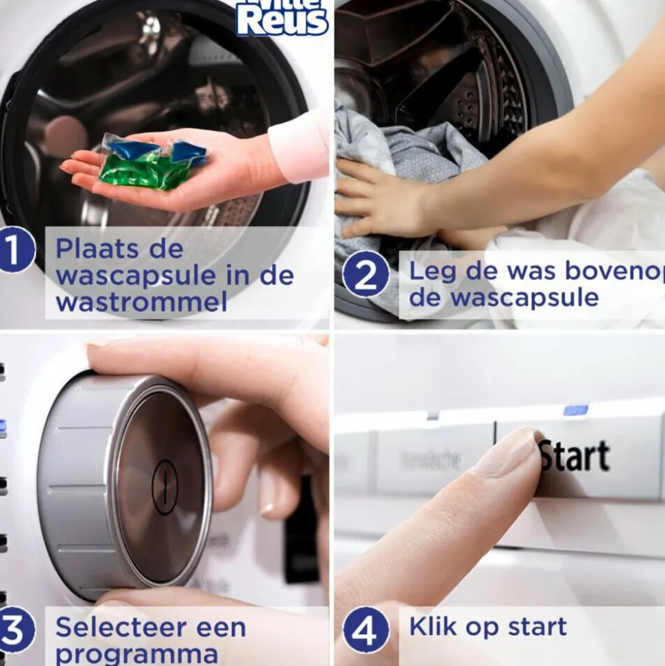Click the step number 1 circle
16,252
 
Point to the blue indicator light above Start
575,410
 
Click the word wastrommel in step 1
141,301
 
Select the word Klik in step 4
435,626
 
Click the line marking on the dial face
165,486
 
